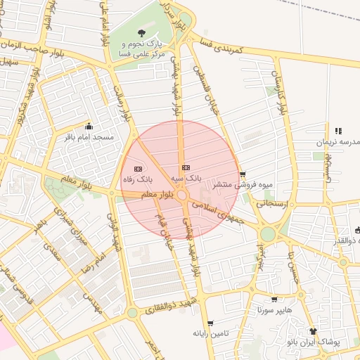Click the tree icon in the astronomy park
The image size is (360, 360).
click(x=142, y=33)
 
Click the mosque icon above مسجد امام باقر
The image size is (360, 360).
click(x=89, y=127)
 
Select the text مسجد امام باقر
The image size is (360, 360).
click(x=89, y=137)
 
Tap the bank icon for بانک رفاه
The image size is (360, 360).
click(x=137, y=169)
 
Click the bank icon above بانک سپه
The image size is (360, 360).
click(x=186, y=167)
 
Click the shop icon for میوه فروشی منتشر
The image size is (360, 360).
click(x=243, y=174)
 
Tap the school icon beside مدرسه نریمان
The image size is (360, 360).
click(x=338, y=131)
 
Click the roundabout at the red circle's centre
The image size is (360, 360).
click(x=181, y=195)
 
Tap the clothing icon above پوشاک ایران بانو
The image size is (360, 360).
click(x=313, y=331)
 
